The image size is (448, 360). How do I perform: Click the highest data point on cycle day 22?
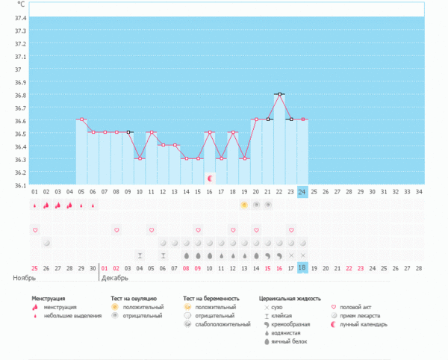pos(279,94)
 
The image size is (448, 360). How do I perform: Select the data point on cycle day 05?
pos(81,119)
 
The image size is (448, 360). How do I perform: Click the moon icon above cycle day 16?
pos(210,179)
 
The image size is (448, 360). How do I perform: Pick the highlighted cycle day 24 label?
pos(302,191)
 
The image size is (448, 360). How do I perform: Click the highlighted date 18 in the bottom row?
pos(302,267)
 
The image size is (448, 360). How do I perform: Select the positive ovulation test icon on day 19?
pos(244,205)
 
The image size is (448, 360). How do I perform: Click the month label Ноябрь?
pos(25,278)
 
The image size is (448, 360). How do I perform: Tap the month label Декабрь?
pos(113,278)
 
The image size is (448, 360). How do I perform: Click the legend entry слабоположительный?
pos(219,324)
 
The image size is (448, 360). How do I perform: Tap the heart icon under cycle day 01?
pos(34,229)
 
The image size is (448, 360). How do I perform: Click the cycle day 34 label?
pos(420,191)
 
